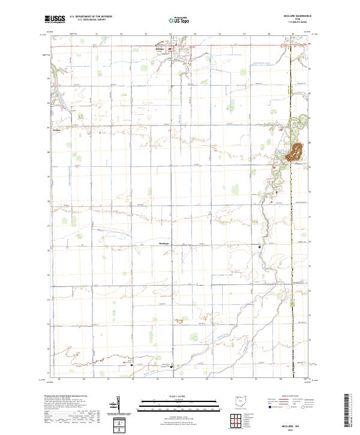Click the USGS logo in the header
click(x=55, y=19)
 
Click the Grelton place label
click(x=57, y=130)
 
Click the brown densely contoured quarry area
click(x=296, y=151)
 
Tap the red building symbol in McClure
click(x=175, y=50)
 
